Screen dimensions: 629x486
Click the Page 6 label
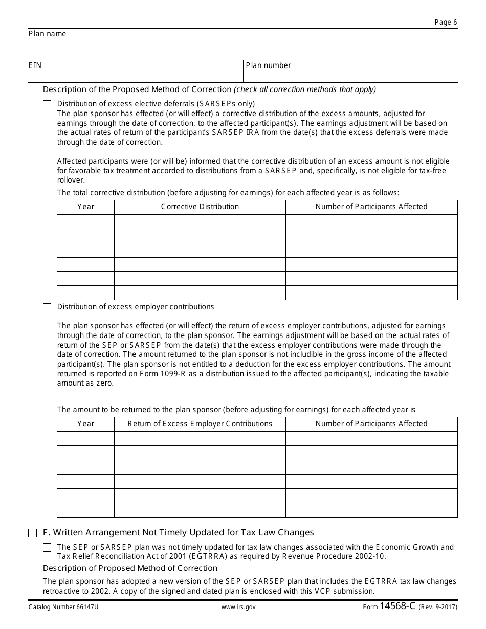[x=446, y=22]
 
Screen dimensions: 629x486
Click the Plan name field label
[x=47, y=34]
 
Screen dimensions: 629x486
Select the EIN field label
[x=35, y=65]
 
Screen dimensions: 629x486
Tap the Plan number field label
[x=268, y=65]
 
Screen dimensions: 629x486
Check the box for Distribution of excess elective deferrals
[x=47, y=104]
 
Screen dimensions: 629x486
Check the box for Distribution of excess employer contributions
[x=47, y=307]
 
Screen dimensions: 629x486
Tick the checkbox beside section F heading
[x=32, y=533]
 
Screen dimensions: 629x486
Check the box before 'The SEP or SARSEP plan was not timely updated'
[x=47, y=547]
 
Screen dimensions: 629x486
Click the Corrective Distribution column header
[x=200, y=207]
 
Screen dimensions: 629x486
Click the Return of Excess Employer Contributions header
[x=200, y=424]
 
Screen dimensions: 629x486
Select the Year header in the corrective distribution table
[x=85, y=207]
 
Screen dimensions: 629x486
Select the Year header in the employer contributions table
[x=85, y=424]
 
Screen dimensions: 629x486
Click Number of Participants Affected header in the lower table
[x=371, y=424]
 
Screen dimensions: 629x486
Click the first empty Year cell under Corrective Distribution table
[x=85, y=221]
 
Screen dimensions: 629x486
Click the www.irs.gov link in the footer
[x=238, y=607]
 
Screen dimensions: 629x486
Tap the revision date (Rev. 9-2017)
[x=438, y=607]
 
